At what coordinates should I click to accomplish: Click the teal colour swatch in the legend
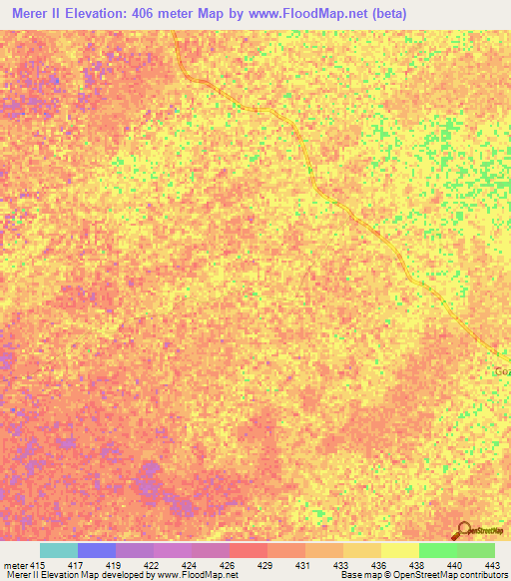(x=59, y=550)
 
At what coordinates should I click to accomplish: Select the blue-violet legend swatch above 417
(x=97, y=550)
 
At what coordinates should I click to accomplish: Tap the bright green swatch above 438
(x=438, y=550)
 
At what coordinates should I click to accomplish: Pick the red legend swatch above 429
(x=249, y=550)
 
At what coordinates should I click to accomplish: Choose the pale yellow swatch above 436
(x=400, y=550)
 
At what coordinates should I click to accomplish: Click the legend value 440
(x=454, y=564)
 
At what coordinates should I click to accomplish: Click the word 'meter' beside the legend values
(x=15, y=564)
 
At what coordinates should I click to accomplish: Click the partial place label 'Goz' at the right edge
(x=502, y=371)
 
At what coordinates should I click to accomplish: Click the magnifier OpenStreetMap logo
(x=462, y=529)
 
